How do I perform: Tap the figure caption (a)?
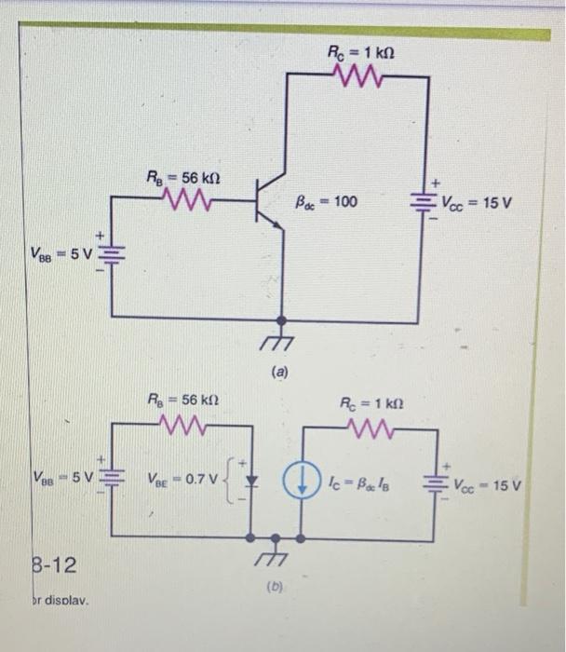click(x=280, y=374)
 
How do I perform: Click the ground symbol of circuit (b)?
click(x=276, y=556)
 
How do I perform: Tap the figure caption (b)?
click(x=276, y=588)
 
